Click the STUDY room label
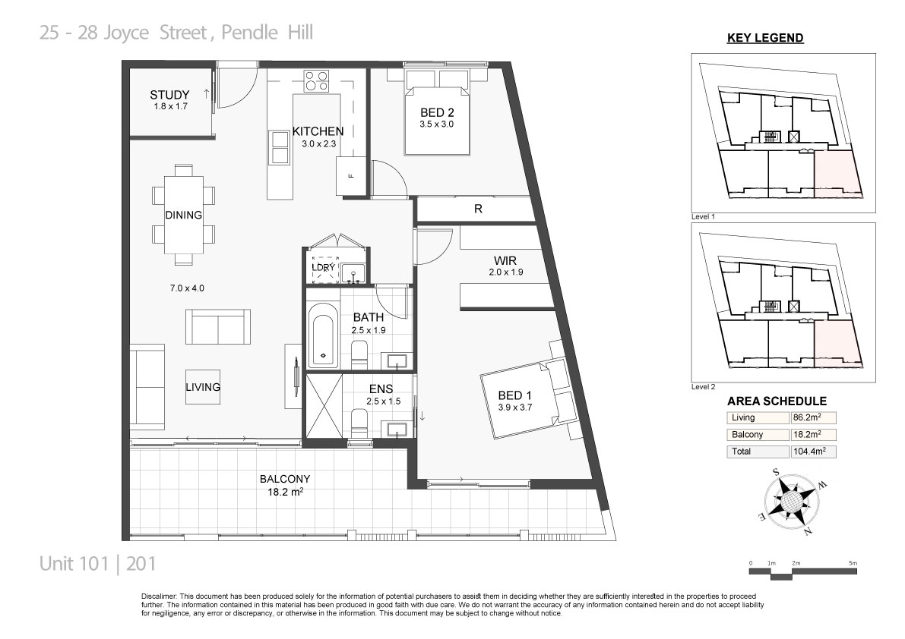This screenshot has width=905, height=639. pyautogui.click(x=169, y=95)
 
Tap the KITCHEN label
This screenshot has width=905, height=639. pyautogui.click(x=318, y=131)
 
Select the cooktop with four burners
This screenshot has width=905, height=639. pyautogui.click(x=316, y=80)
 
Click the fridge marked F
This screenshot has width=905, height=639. pyautogui.click(x=351, y=176)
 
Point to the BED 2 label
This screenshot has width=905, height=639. pyautogui.click(x=436, y=113)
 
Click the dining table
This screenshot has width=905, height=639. pyautogui.click(x=184, y=214)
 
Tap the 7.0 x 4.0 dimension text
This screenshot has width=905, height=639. pyautogui.click(x=187, y=288)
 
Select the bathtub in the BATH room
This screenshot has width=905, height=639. pyautogui.click(x=322, y=335)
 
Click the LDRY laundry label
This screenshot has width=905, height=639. pyautogui.click(x=323, y=267)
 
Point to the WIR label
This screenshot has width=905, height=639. pyautogui.click(x=505, y=260)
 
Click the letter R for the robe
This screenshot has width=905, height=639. pyautogui.click(x=478, y=209)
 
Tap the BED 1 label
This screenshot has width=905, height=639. pyautogui.click(x=515, y=395)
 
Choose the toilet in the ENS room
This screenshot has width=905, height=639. pyautogui.click(x=359, y=423)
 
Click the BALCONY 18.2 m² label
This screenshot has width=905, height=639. pyautogui.click(x=285, y=485)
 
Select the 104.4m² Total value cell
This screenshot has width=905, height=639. pyautogui.click(x=812, y=452)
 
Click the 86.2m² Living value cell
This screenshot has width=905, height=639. pyautogui.click(x=812, y=418)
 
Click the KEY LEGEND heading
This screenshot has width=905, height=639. pyautogui.click(x=764, y=38)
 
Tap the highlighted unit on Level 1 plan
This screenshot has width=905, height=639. pyautogui.click(x=837, y=174)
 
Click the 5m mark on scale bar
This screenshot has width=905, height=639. pyautogui.click(x=853, y=563)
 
